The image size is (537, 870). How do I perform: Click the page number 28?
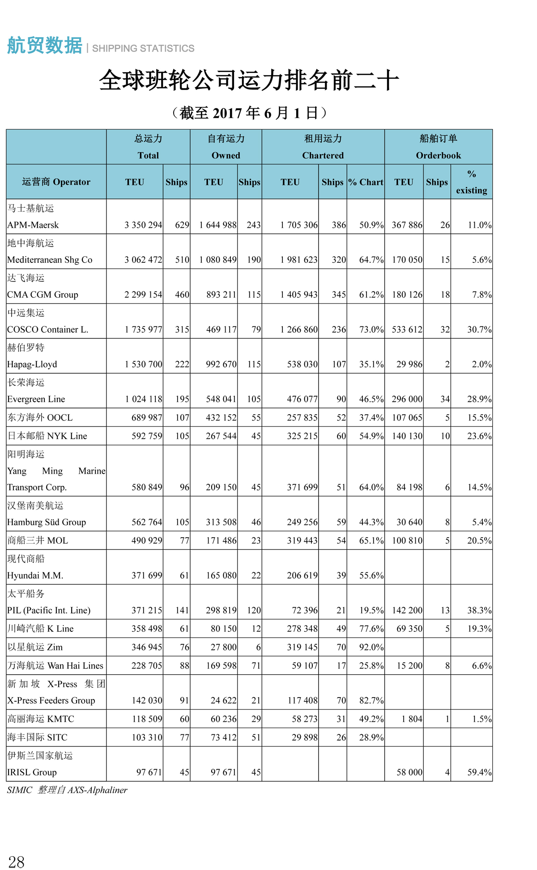click(17, 862)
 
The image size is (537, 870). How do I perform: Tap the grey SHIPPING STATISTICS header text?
click(143, 48)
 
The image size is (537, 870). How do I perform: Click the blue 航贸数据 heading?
click(45, 46)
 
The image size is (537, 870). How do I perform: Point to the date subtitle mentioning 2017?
click(249, 113)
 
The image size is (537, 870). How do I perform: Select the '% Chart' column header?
click(366, 182)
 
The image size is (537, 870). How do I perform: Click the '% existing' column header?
click(471, 182)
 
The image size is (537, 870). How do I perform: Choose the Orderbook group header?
click(438, 147)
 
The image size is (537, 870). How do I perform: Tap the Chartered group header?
click(323, 147)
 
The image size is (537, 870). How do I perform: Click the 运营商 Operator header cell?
click(56, 182)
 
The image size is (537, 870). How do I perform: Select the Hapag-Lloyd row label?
click(32, 364)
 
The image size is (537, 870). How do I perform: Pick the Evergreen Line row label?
click(36, 399)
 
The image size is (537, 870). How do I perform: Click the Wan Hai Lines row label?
click(55, 665)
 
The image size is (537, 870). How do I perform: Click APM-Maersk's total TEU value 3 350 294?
click(143, 225)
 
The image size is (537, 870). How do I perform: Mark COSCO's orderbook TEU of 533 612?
click(407, 330)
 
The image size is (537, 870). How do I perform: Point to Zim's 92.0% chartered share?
click(371, 647)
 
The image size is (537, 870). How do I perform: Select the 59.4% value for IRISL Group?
click(479, 772)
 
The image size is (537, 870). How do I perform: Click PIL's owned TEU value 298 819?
click(221, 610)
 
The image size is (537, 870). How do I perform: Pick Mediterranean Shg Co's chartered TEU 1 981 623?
click(299, 260)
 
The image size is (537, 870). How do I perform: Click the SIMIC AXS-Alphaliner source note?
click(67, 790)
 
